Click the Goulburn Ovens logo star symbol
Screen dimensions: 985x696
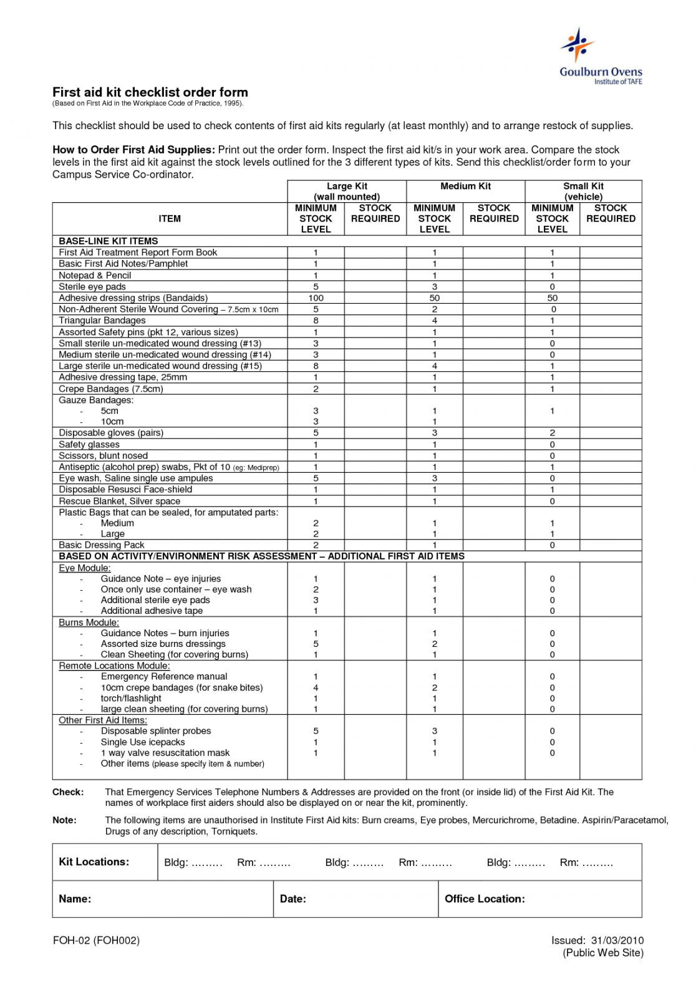(x=578, y=44)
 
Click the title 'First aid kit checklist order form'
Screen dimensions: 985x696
(x=150, y=92)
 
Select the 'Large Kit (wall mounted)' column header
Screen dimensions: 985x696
(x=347, y=191)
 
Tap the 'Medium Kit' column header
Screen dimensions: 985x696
(x=465, y=186)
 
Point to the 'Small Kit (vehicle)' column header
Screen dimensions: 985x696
(x=583, y=191)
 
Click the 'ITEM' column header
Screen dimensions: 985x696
(x=170, y=218)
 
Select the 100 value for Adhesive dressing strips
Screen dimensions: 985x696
(x=316, y=298)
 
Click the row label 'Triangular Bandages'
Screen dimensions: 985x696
(x=102, y=321)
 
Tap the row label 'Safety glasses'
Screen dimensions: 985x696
(x=89, y=445)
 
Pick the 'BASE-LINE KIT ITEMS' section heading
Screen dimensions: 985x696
(x=109, y=241)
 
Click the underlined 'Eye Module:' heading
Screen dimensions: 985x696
(x=85, y=568)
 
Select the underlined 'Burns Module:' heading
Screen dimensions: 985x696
(x=89, y=623)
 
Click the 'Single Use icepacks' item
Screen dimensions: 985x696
(x=143, y=742)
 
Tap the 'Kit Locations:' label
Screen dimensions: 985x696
(x=94, y=862)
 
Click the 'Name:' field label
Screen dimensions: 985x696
(x=75, y=899)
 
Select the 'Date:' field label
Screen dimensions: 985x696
(x=293, y=899)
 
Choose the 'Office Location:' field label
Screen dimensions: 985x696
(x=485, y=899)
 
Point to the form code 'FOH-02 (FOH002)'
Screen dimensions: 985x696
(x=97, y=941)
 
